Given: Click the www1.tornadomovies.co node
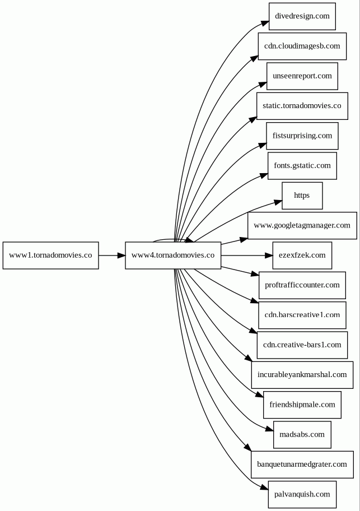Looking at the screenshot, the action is pos(51,256).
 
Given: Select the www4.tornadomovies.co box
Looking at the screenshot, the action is pos(173,256).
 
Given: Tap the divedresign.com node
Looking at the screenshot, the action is pos(302,16).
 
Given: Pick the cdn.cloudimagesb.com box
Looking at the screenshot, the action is pos(302,47).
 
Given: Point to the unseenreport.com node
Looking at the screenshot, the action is pos(302,76).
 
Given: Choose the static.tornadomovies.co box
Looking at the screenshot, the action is pos(302,106).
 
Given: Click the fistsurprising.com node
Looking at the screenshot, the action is pos(302,136).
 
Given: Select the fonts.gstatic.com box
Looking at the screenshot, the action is pos(302,166).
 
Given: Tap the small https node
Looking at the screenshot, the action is pos(302,196).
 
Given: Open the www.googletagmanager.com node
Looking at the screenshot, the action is pos(302,225).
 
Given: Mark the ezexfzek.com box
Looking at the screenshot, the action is pos(302,256).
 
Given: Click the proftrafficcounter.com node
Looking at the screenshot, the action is pos(302,286).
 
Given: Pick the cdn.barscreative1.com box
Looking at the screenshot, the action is pos(302,315).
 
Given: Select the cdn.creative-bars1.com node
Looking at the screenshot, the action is pos(302,345).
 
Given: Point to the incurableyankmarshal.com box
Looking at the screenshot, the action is pos(302,375).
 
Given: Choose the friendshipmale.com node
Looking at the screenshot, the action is pos(302,405).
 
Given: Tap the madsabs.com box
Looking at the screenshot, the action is pos(302,435).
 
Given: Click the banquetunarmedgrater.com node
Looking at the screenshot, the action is pos(302,464).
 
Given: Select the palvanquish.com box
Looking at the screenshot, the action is pos(302,495).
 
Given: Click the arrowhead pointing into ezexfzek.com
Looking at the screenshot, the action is pos(269,256).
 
